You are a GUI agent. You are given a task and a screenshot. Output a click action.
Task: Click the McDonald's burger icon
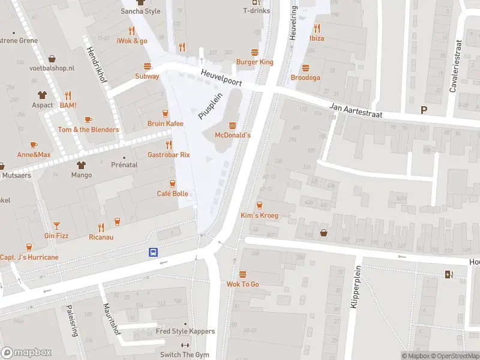tap(232, 125)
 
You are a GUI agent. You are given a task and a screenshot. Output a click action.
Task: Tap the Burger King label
tap(254, 62)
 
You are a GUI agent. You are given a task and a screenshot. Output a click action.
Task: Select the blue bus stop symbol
tap(154, 253)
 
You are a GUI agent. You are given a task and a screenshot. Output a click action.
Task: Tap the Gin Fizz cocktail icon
tap(56, 225)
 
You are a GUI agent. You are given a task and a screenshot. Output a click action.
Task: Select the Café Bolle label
tap(172, 193)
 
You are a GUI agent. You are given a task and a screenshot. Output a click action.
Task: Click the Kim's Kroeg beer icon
tap(259, 205)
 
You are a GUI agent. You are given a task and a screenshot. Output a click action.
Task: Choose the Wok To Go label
tap(242, 284)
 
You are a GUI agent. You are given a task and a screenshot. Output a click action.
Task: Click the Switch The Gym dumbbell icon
tap(185, 345)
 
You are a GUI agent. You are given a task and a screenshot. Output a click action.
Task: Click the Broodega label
tap(305, 77)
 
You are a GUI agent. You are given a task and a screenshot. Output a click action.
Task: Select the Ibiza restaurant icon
tap(317, 28)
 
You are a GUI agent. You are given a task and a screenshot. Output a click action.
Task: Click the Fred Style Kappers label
tap(185, 331)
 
